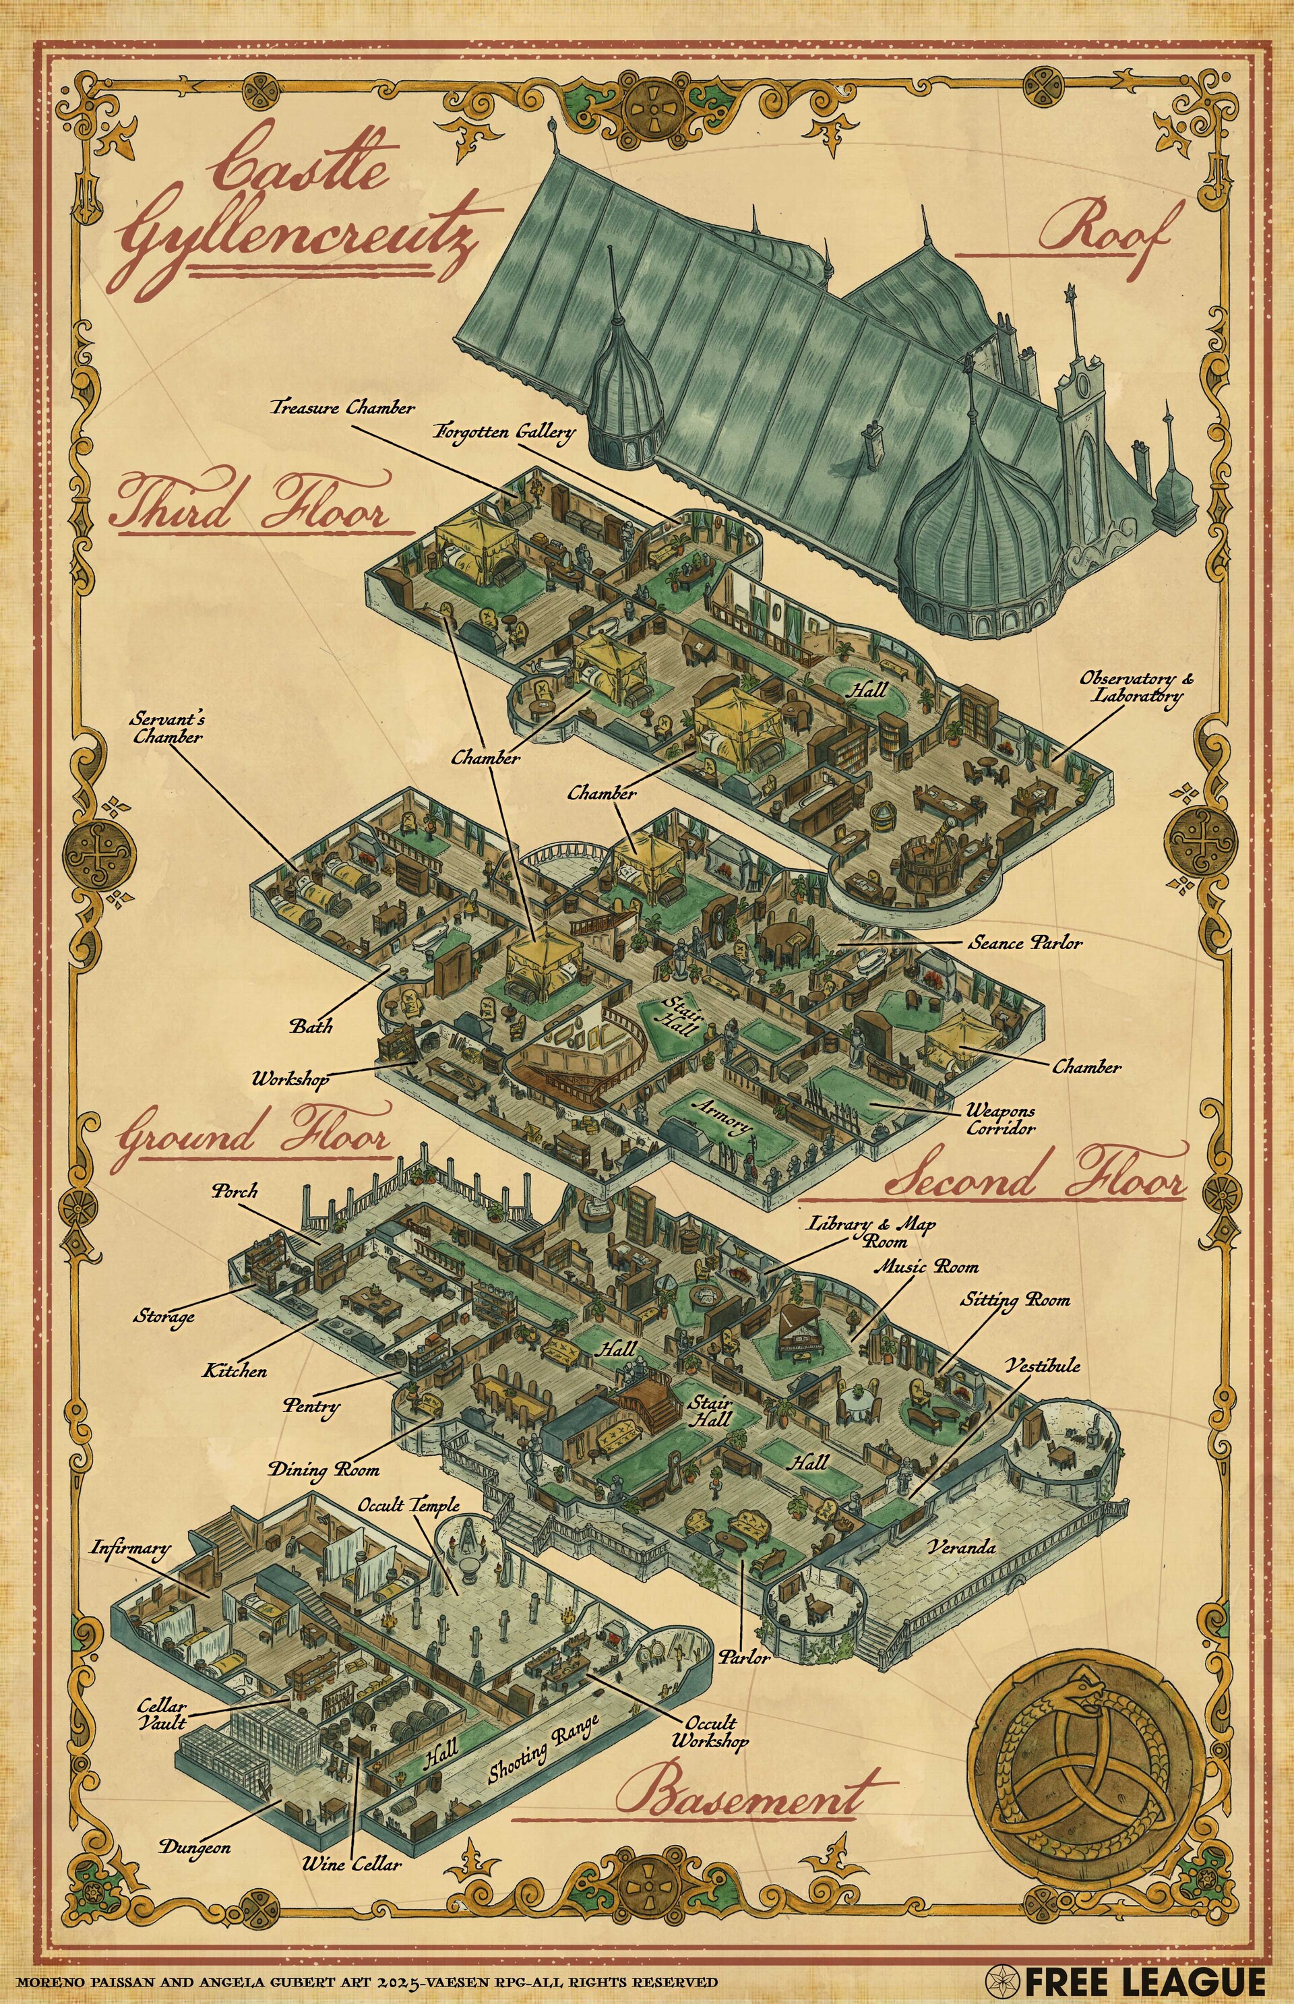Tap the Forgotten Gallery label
click(x=504, y=432)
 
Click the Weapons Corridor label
click(x=1000, y=1120)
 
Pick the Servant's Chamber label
click(x=167, y=728)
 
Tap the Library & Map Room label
click(x=871, y=1232)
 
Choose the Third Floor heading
click(x=252, y=504)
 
